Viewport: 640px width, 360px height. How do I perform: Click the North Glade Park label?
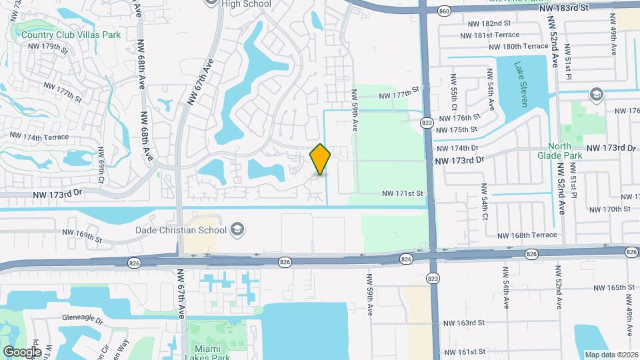pos(565,151)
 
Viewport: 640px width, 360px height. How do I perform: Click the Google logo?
pos(22,351)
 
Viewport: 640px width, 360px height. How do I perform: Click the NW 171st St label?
pos(402,193)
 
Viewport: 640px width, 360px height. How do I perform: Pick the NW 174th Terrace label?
pos(38,136)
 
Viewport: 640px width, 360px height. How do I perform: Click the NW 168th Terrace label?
pos(525,235)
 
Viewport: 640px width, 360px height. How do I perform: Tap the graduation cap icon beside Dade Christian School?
pos(237,231)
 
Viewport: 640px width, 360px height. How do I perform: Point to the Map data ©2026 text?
pos(611,355)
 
